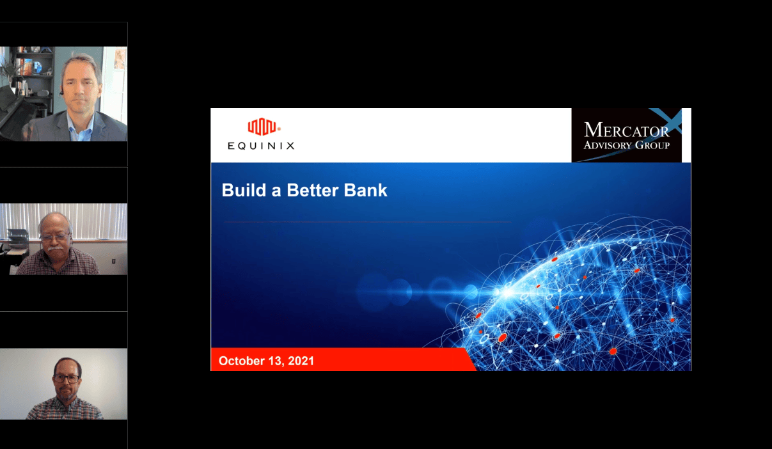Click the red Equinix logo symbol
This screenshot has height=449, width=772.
coord(262,127)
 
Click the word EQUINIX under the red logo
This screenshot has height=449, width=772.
coord(261,146)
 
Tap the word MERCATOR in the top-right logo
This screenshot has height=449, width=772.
coord(627,130)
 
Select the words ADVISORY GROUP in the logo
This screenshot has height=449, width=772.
coord(627,145)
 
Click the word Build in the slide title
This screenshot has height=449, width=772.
coord(244,190)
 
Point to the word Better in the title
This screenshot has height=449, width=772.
coord(313,190)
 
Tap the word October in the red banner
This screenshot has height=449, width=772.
coord(240,361)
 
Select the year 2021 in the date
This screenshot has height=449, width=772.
coord(301,361)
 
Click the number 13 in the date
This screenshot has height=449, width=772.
coord(275,361)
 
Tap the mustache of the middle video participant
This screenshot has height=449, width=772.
coord(56,248)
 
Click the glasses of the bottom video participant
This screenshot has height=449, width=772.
coord(67,379)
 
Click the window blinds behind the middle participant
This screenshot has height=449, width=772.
coord(63,221)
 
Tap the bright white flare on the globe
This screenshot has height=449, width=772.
coord(507,292)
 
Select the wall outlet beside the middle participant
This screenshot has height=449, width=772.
coord(114,261)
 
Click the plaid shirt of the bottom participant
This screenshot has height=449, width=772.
coord(65,409)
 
